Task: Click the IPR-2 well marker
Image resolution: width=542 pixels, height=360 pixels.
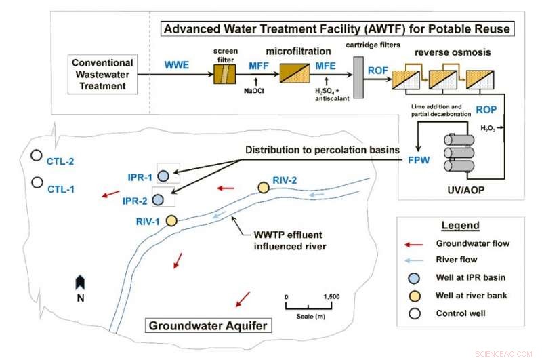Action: coord(158,200)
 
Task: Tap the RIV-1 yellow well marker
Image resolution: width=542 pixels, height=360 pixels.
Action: coord(171,220)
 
